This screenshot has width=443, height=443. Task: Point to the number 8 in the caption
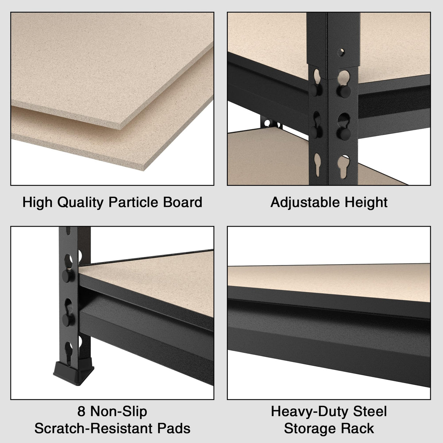[81, 412]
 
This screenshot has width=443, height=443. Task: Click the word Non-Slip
[119, 412]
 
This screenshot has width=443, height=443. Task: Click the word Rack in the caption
[360, 428]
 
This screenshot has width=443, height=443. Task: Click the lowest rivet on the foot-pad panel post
[67, 319]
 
